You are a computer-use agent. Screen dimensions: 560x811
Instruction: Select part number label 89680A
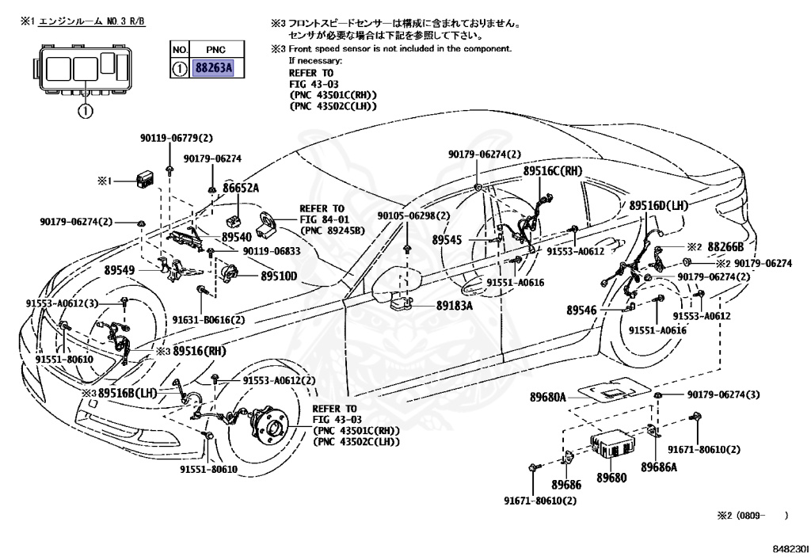pos(548,396)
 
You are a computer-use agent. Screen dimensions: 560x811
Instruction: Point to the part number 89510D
pos(279,276)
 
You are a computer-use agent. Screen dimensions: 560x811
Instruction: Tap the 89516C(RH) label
pos(552,170)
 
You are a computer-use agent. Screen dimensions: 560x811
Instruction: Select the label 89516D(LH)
pos(661,204)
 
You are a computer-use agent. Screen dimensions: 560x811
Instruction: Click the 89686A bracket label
pos(659,467)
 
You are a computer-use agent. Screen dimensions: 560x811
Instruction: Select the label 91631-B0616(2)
pos(209,319)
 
